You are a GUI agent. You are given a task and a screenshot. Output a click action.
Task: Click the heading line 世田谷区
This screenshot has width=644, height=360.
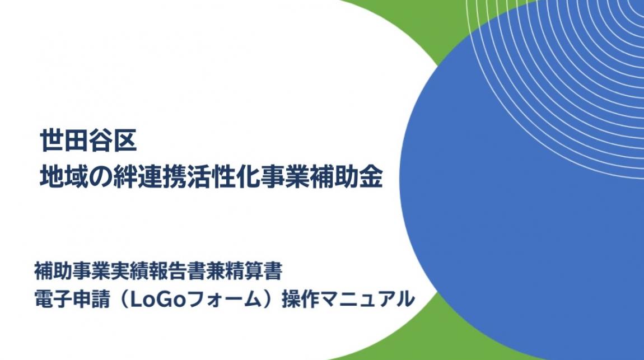[88, 140]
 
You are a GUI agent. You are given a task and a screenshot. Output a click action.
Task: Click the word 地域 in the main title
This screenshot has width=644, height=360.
[63, 176]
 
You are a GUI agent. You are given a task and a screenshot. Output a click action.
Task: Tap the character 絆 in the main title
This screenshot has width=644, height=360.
[126, 176]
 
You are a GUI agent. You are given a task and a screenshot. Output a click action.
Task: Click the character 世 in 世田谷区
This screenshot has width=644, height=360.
[51, 140]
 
